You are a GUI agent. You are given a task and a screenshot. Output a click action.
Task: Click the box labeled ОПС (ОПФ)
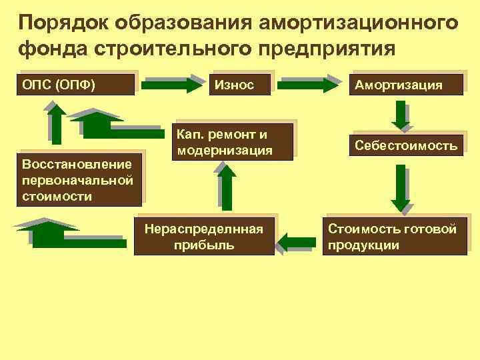coord(77,85)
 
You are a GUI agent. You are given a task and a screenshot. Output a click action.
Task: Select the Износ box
coord(241,85)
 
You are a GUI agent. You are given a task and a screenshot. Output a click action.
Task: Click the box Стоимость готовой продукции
coord(396,237)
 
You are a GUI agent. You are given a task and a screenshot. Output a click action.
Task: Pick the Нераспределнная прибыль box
coord(204,237)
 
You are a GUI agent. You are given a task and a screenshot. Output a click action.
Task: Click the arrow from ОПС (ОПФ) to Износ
coord(175,85)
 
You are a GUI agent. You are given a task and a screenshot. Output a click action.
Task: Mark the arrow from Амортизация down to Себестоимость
coord(401,115)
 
